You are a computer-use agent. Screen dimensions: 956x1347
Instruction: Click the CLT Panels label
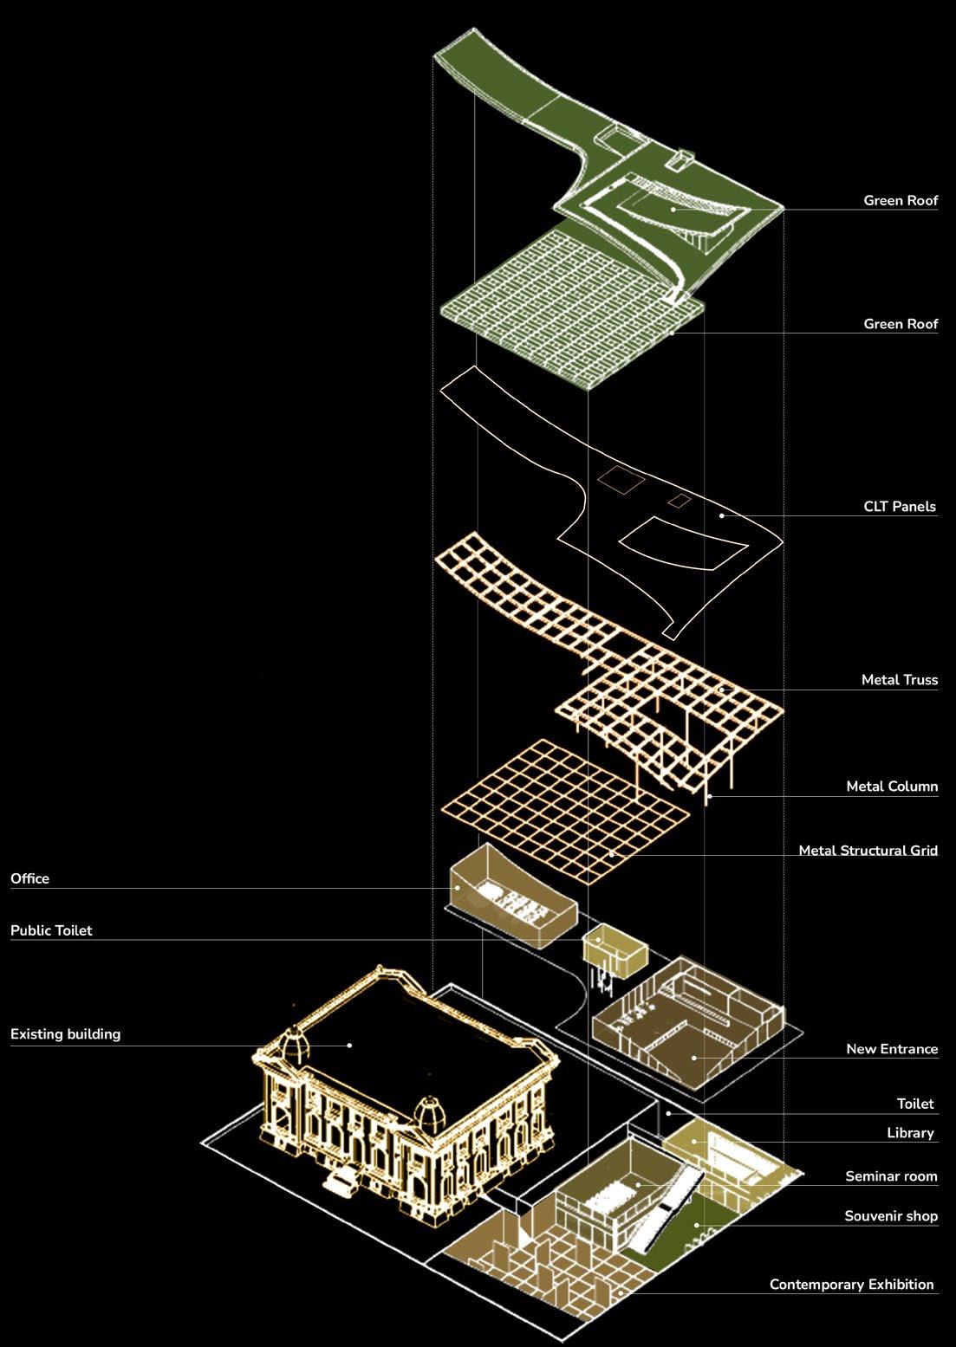900,507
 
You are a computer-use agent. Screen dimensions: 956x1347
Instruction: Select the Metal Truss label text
899,680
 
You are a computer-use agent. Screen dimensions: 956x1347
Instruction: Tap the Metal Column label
892,787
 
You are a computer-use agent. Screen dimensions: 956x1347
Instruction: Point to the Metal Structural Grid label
868,851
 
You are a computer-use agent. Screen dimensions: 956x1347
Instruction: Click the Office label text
30,878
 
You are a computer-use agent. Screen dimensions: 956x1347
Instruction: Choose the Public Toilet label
51,930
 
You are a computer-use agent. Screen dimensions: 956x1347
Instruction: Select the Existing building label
65,1034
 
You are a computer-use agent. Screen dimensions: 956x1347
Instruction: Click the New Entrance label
892,1049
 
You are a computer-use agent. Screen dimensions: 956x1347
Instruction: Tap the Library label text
910,1133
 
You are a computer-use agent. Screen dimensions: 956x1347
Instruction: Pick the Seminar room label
891,1176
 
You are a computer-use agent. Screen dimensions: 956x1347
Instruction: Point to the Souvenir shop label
891,1216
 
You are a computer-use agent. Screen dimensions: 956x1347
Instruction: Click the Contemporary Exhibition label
851,1285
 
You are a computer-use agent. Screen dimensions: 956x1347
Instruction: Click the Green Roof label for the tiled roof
901,324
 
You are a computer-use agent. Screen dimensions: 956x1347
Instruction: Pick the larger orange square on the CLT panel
620,480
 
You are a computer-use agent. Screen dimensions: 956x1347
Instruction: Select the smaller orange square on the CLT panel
679,500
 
